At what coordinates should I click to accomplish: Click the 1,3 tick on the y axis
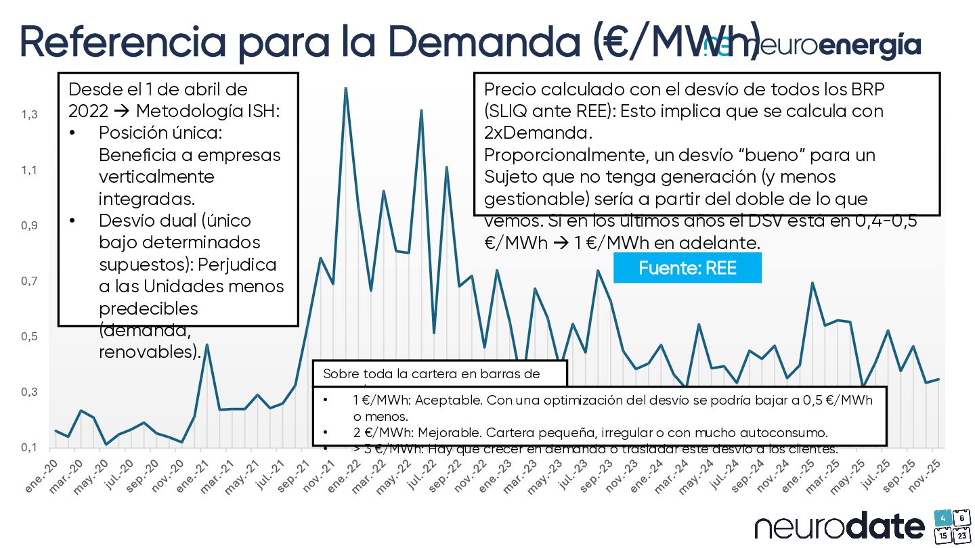tap(29, 115)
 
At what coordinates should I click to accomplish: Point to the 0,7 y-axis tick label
tap(29, 281)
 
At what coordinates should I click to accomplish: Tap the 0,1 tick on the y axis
tap(29, 448)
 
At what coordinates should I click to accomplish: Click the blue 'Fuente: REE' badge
tap(687, 269)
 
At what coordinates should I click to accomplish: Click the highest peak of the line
tap(346, 89)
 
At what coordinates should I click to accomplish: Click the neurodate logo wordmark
tap(840, 527)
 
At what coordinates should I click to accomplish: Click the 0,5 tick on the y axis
tap(29, 337)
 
